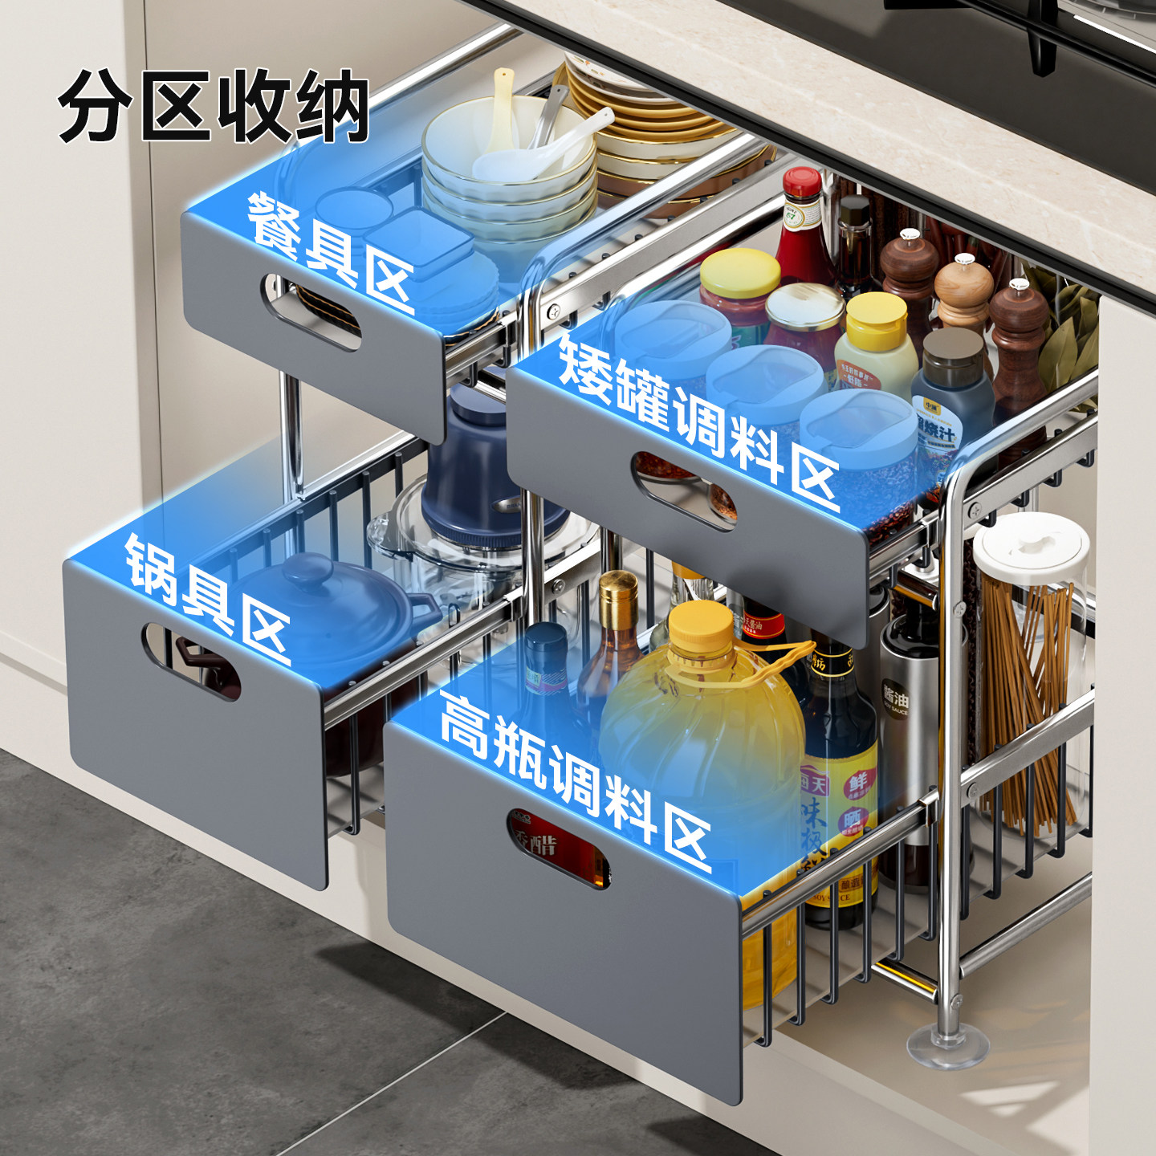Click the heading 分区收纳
pos(213,107)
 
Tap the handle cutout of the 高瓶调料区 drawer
pos(558,847)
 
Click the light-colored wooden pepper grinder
pos(963,293)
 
